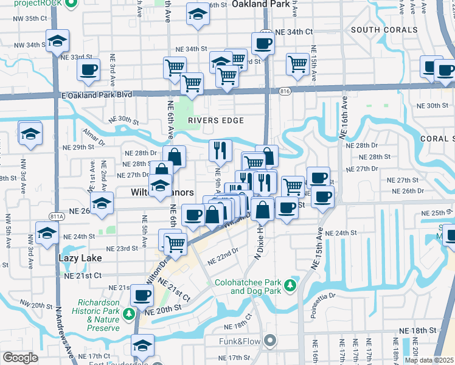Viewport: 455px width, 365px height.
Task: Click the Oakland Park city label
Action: [259, 4]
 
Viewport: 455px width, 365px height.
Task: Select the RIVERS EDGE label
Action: [215, 120]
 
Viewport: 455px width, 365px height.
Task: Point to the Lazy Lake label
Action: [80, 258]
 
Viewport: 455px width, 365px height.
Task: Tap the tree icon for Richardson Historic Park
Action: [128, 314]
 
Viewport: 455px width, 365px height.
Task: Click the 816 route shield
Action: [285, 91]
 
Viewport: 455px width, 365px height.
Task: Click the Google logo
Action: [20, 358]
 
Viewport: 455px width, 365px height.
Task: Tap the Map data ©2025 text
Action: [429, 360]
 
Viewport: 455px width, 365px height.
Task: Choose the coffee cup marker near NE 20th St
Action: [142, 296]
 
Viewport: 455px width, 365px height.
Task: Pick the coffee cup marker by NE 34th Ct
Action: [263, 43]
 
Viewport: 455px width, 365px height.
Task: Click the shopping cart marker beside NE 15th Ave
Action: [297, 63]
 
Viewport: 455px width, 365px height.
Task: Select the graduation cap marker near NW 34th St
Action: [58, 41]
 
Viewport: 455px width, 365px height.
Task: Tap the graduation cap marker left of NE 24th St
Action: [47, 233]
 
